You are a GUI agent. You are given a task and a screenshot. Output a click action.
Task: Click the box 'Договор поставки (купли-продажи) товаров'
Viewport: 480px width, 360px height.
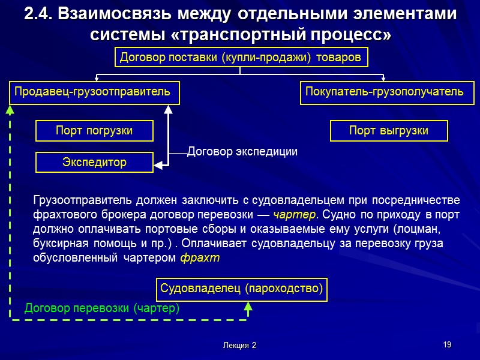coord(240,58)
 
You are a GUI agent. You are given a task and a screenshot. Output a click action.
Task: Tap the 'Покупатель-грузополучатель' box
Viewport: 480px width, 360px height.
coord(385,92)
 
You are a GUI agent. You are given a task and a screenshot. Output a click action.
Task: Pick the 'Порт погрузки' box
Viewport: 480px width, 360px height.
coord(94,130)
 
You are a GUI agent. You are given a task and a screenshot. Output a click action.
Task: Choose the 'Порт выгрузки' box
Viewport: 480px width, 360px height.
coord(389,130)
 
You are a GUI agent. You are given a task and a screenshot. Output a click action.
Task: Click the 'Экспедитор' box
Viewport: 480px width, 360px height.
coord(94,162)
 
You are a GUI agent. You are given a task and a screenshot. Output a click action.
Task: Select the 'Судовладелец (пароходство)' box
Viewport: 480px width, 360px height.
coord(242,289)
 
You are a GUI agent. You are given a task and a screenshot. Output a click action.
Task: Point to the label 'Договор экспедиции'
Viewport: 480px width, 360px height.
coord(242,152)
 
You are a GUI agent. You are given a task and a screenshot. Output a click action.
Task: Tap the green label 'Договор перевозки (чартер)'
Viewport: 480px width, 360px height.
coord(102,308)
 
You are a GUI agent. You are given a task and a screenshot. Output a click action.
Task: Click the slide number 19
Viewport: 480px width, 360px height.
coord(446,344)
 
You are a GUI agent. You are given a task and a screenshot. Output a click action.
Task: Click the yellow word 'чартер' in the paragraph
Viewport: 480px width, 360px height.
coord(294,214)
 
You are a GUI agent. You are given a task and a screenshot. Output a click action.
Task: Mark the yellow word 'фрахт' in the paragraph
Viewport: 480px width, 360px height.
coord(200,258)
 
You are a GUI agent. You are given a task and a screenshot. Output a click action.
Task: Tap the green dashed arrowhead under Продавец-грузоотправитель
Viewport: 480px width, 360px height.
coord(9,109)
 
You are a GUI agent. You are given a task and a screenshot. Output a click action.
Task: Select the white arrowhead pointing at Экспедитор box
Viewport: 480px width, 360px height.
coord(158,162)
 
